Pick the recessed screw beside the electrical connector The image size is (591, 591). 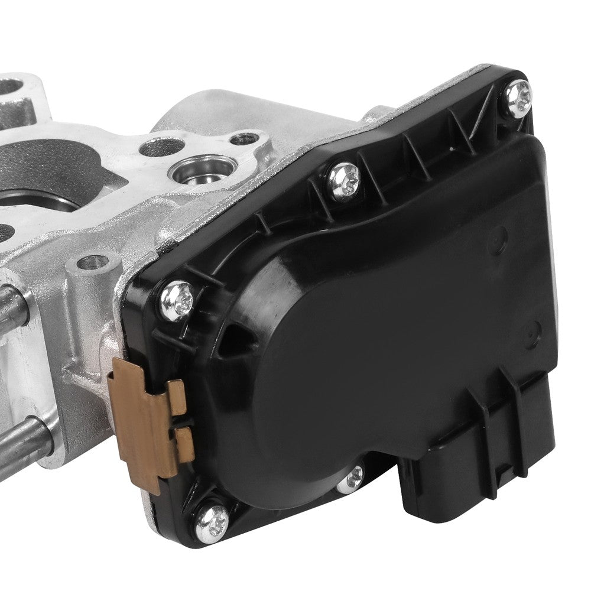pos(352,479)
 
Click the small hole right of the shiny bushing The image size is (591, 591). pos(243,139)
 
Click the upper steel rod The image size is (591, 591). pos(15,307)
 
